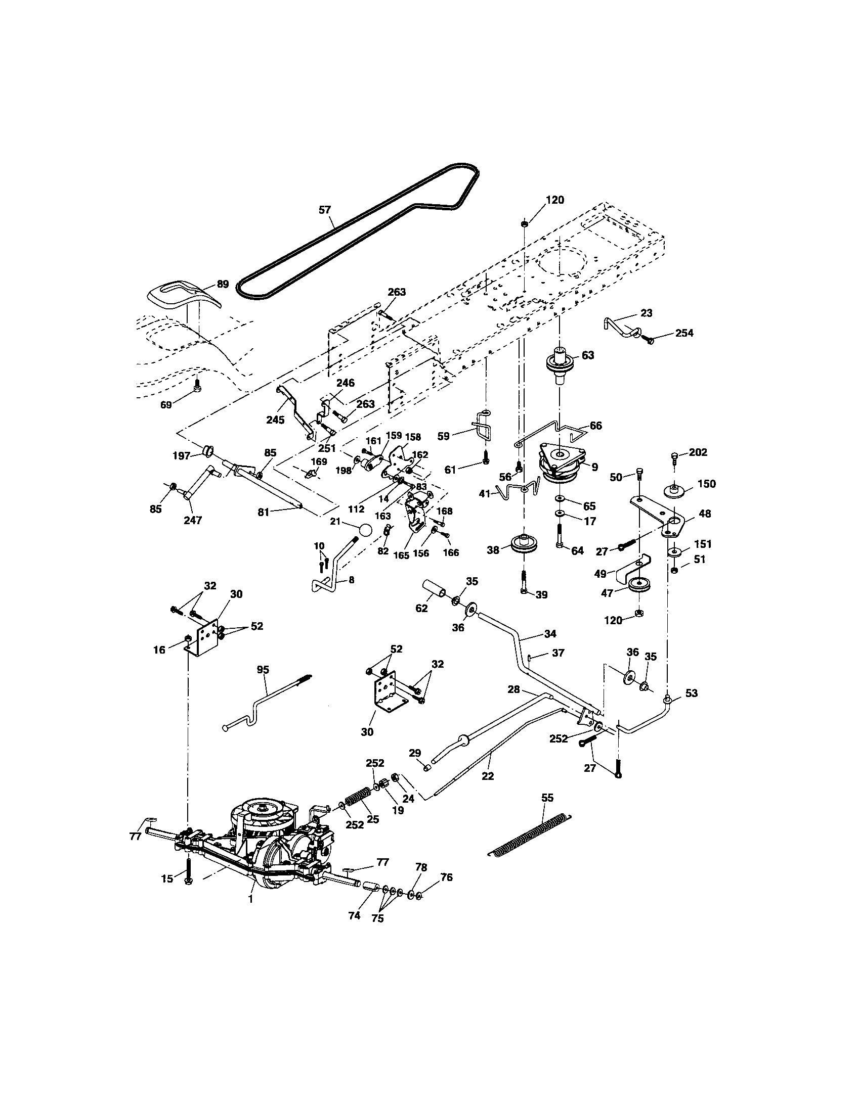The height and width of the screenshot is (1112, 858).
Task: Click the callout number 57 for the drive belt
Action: (x=325, y=209)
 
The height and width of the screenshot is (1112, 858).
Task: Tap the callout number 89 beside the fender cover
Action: (x=223, y=284)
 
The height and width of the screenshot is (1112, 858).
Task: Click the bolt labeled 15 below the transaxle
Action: (x=189, y=870)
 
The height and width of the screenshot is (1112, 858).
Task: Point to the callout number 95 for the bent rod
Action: (x=263, y=670)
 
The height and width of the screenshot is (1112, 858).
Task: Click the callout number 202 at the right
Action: (x=698, y=452)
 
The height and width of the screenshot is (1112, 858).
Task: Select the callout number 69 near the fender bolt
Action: (x=166, y=405)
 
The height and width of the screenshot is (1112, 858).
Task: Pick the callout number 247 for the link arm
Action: (x=193, y=520)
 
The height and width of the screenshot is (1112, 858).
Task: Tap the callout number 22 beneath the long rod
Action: (x=488, y=776)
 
